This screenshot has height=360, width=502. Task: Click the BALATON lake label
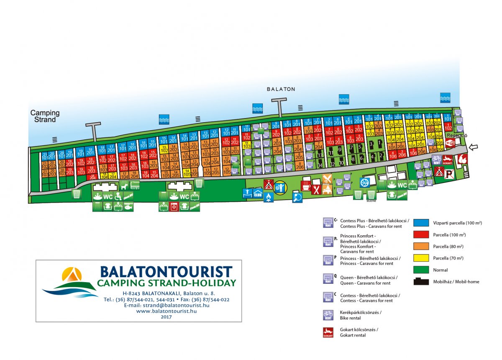[x=281, y=89]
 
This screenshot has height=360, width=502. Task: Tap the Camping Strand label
[x=45, y=116]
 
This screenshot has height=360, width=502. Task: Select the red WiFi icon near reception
[x=451, y=143]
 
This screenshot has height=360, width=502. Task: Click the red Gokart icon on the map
[x=448, y=159]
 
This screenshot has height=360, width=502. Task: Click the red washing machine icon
[x=174, y=206]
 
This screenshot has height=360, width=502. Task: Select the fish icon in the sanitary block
[x=128, y=206]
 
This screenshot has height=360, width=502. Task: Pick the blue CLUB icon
[x=258, y=194]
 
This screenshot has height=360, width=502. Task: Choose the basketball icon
[x=364, y=183]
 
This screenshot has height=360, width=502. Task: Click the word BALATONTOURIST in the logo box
[x=166, y=271]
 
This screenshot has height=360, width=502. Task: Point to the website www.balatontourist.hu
[x=166, y=311]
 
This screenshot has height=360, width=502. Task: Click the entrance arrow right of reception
[x=474, y=147]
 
